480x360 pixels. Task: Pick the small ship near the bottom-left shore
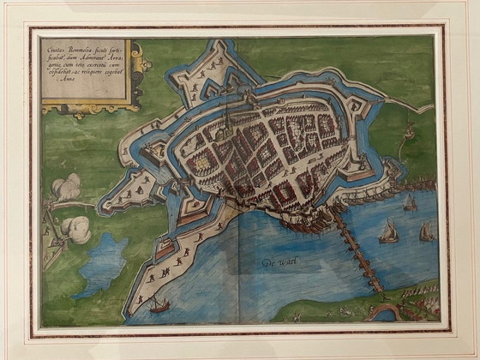pyautogui.click(x=159, y=304)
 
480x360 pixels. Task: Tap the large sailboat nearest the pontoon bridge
pyautogui.click(x=389, y=231)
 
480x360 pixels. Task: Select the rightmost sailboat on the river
pyautogui.click(x=426, y=231)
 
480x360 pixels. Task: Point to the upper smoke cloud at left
pyautogui.click(x=67, y=187)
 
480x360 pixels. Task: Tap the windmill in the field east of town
pyautogui.click(x=407, y=134)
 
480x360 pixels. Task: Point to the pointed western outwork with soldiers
pyautogui.click(x=129, y=193)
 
